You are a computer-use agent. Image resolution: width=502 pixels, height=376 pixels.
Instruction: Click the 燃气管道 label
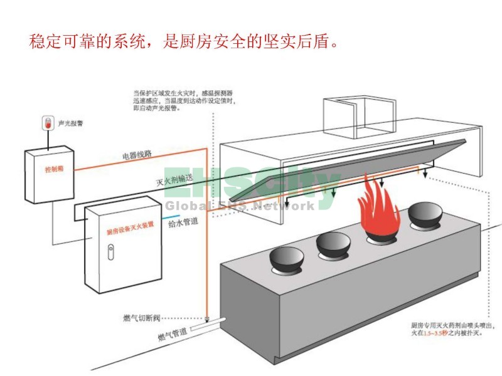coord(172,337)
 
